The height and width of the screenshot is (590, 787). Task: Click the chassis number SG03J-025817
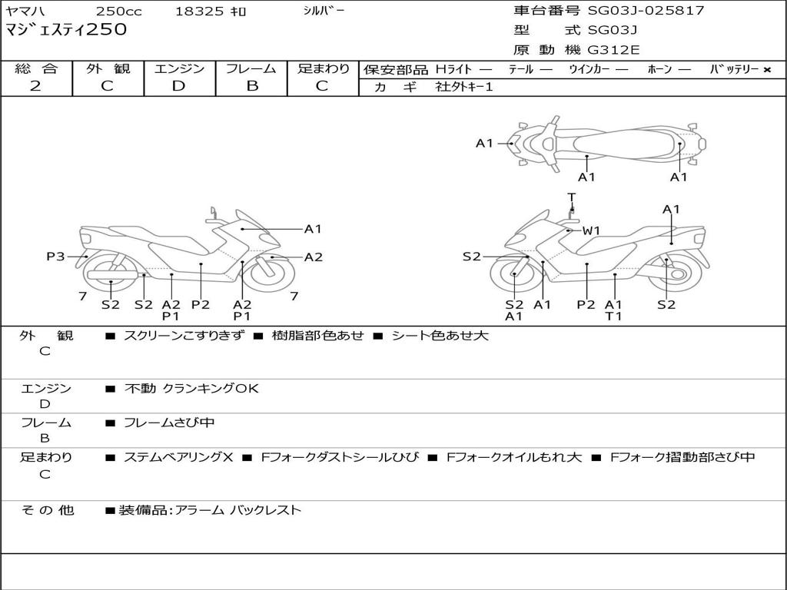646,11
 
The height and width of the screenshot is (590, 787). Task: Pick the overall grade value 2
35,86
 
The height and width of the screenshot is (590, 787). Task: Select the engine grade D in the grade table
178,86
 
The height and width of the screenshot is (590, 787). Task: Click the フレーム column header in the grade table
251,69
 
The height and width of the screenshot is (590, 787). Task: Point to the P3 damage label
55,257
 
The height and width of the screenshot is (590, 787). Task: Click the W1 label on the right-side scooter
590,230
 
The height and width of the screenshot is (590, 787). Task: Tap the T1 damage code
613,316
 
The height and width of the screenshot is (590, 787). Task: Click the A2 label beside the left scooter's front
314,257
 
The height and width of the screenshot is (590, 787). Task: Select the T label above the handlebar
571,197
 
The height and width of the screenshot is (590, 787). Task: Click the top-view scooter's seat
638,143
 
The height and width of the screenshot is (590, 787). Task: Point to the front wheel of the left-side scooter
271,276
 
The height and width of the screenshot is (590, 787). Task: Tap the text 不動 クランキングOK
191,389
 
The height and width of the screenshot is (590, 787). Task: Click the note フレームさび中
169,423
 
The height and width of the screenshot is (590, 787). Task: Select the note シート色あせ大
440,336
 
